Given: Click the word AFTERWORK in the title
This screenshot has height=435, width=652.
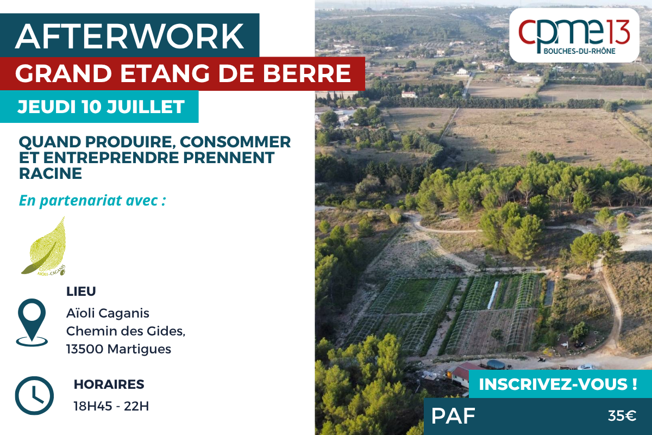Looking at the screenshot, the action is pyautogui.click(x=129, y=36).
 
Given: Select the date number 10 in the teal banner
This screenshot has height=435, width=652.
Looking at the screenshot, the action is pyautogui.click(x=91, y=107).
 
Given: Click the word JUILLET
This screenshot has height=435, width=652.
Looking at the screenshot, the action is pyautogui.click(x=146, y=107).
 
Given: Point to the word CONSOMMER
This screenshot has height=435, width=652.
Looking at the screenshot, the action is pyautogui.click(x=235, y=142).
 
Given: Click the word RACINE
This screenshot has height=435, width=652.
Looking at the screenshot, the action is pyautogui.click(x=51, y=173).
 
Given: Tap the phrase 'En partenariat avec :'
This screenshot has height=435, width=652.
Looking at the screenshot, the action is pyautogui.click(x=92, y=201).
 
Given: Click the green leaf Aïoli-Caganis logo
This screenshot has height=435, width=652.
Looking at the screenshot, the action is pyautogui.click(x=44, y=246).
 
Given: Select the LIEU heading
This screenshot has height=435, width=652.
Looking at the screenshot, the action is pyautogui.click(x=81, y=291).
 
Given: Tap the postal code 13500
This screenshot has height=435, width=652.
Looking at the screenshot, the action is pyautogui.click(x=85, y=349).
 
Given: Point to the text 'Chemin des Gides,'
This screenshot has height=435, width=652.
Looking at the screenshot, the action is pyautogui.click(x=126, y=331).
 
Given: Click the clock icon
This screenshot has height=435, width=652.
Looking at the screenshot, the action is pyautogui.click(x=34, y=396).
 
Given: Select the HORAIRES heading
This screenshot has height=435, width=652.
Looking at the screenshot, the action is pyautogui.click(x=109, y=384).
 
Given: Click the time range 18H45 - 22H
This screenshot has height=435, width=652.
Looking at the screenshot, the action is pyautogui.click(x=111, y=406).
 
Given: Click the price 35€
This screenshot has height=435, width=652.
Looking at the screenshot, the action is pyautogui.click(x=622, y=416).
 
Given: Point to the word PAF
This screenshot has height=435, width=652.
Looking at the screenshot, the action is pyautogui.click(x=453, y=416).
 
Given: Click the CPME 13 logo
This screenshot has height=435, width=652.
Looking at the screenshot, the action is pyautogui.click(x=574, y=35).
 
